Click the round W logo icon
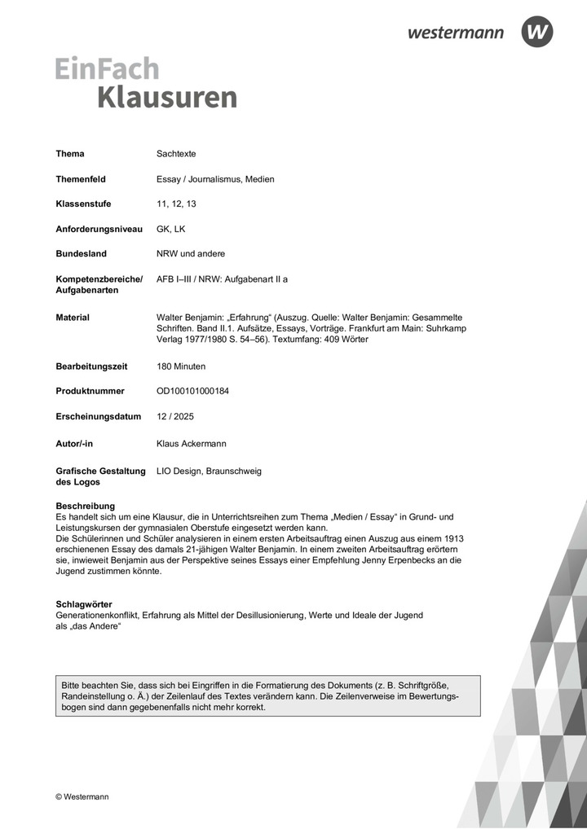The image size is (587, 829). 537,32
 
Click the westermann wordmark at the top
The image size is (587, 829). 456,33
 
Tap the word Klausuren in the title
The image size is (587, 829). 167,97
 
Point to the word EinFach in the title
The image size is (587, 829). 107,68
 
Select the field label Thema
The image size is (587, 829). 70,154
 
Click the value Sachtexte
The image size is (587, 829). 176,154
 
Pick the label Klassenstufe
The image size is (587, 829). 83,204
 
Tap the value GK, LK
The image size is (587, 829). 171,229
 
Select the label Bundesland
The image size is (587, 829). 81,254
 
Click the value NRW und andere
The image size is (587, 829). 191,254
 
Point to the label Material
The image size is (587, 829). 73,318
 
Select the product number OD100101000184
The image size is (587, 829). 192,392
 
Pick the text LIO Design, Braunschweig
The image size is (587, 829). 209,471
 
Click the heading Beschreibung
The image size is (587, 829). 85,506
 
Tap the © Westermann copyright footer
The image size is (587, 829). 82,796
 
